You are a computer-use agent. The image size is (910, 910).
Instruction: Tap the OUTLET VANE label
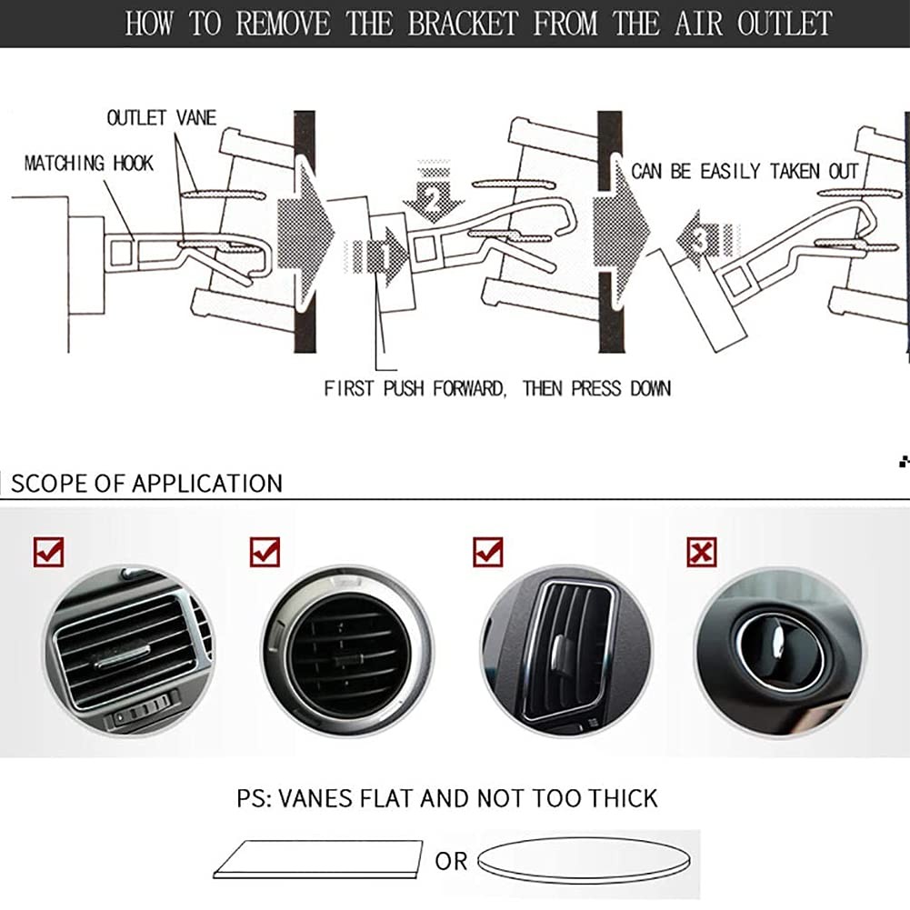[x=162, y=118]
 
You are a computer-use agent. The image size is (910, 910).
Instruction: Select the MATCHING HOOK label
[x=89, y=164]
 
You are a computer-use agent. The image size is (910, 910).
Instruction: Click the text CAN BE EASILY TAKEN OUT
[x=745, y=171]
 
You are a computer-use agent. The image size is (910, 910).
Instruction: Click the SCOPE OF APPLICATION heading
[x=146, y=483]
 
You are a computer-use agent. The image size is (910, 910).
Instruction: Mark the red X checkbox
[x=702, y=551]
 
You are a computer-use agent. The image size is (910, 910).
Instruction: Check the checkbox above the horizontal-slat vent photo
[x=48, y=551]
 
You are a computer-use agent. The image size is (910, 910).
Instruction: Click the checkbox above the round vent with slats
[x=265, y=551]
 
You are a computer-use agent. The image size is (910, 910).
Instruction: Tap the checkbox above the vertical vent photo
[x=488, y=551]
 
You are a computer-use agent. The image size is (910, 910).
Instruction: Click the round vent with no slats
[x=780, y=651]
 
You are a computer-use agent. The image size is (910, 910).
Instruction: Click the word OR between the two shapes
[x=451, y=860]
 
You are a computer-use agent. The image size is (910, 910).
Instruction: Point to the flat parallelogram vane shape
[x=318, y=859]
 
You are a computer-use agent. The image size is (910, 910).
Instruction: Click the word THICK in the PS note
[x=623, y=798]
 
